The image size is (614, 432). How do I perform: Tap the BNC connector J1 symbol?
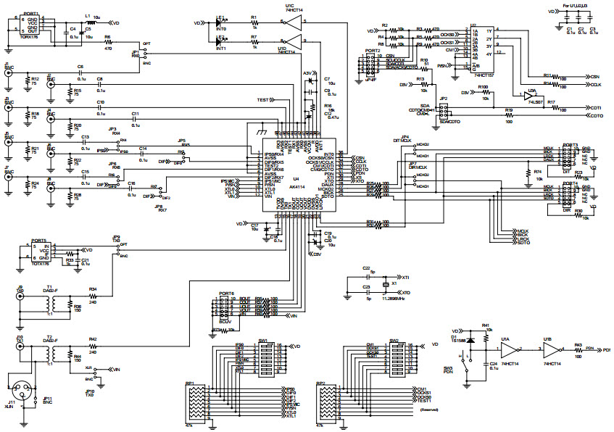(x=8, y=73)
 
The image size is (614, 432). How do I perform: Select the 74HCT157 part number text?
(x=484, y=74)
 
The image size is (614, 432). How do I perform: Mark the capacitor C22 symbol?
(x=368, y=276)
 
